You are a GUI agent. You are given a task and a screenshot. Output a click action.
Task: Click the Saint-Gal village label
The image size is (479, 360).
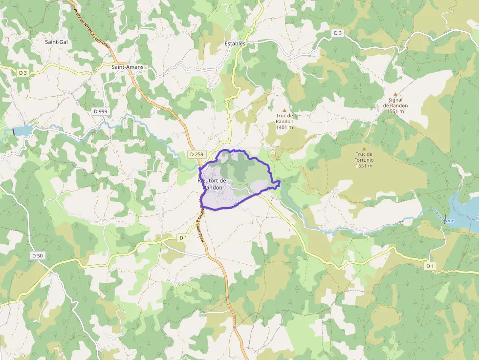click(56, 42)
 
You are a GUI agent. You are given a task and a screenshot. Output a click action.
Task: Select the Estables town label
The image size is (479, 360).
click(235, 43)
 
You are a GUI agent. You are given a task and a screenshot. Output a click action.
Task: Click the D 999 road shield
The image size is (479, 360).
click(100, 111)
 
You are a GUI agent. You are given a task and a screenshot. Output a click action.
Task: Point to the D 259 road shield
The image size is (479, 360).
click(196, 154)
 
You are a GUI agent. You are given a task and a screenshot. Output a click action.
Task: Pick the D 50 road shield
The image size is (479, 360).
click(37, 255)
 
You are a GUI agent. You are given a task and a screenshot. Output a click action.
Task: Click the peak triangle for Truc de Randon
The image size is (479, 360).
click(284, 110)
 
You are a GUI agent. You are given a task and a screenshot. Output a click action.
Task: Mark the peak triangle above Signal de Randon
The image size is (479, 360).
click(395, 94)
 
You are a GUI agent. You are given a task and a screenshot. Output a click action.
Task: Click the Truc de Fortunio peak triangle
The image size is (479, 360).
click(364, 149)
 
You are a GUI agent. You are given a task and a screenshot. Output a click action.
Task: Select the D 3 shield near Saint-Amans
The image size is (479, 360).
click(22, 73)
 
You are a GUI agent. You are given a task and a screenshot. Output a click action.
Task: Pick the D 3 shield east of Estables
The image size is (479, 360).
click(338, 33)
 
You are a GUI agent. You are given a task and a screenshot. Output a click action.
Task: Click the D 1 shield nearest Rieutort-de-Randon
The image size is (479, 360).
click(183, 238)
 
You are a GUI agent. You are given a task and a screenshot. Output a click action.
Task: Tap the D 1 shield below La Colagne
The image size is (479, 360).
click(430, 266)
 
